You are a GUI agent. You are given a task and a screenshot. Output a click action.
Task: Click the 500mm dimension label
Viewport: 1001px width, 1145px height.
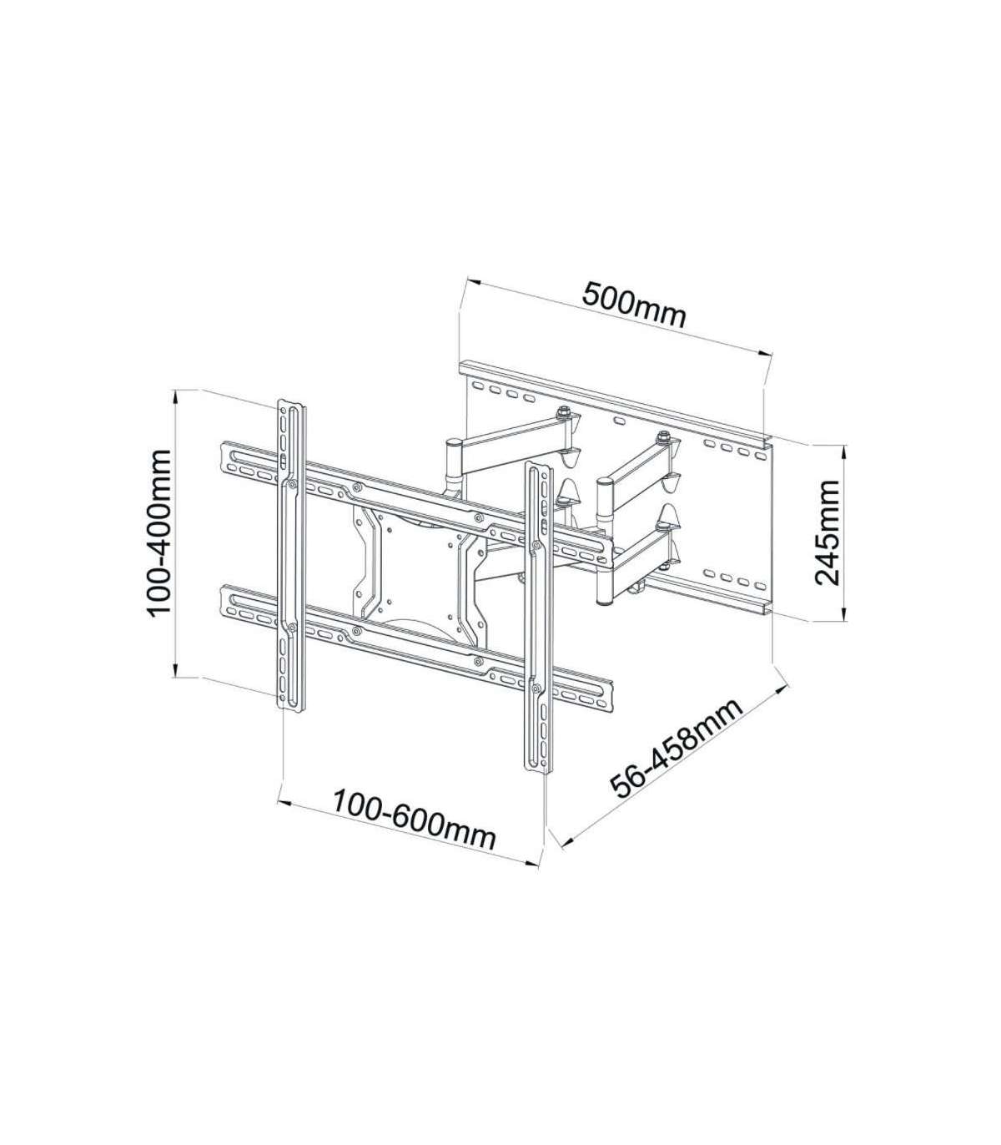coord(634,307)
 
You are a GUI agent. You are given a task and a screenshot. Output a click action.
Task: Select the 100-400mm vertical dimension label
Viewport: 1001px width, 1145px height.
coord(159,532)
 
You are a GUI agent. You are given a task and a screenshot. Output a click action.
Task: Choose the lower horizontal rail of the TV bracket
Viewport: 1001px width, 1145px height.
coord(416,647)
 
